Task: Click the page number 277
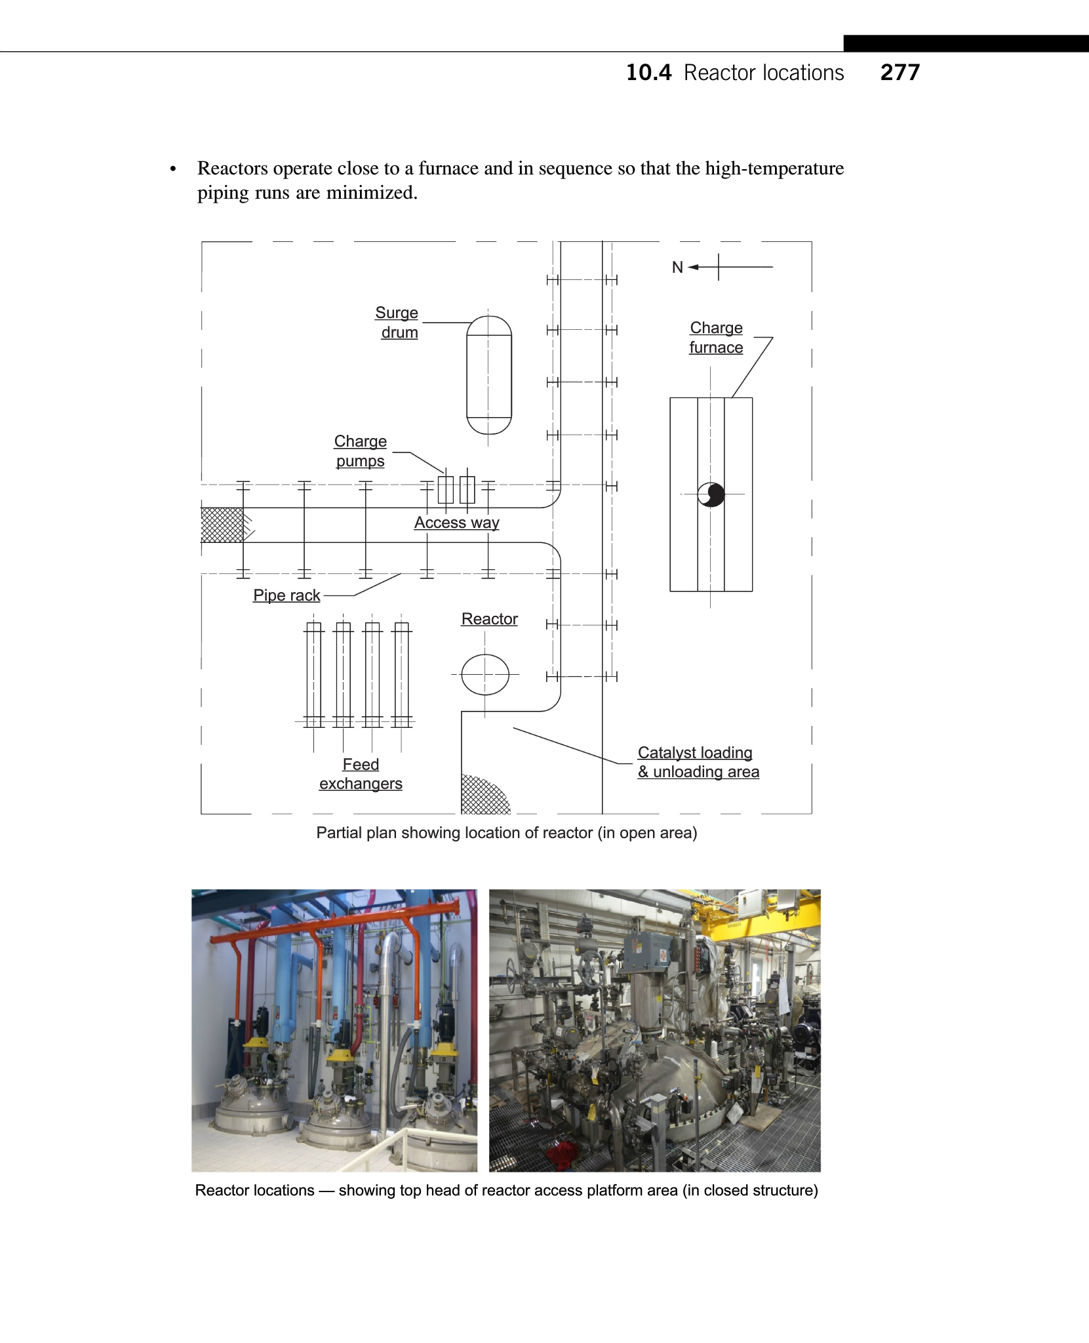pyautogui.click(x=900, y=72)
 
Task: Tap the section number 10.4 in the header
pyautogui.click(x=648, y=73)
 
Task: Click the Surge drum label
pyautogui.click(x=397, y=323)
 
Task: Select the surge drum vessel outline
pyautogui.click(x=488, y=375)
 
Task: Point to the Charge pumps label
pyautogui.click(x=360, y=451)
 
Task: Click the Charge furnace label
pyautogui.click(x=716, y=338)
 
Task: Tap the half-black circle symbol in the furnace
pyautogui.click(x=711, y=494)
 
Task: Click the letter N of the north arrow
pyautogui.click(x=677, y=268)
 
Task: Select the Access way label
pyautogui.click(x=456, y=523)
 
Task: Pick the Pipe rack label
pyautogui.click(x=287, y=595)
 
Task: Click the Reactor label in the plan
pyautogui.click(x=489, y=619)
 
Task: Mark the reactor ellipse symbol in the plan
pyautogui.click(x=485, y=674)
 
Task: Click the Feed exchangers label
pyautogui.click(x=361, y=774)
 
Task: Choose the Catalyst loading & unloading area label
pyautogui.click(x=698, y=762)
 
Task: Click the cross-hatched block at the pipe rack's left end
pyautogui.click(x=222, y=525)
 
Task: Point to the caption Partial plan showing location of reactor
pyautogui.click(x=506, y=833)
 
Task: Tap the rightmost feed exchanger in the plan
pyautogui.click(x=401, y=674)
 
